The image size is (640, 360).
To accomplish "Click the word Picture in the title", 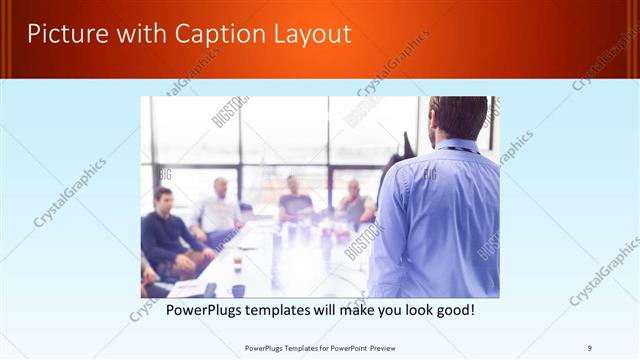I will click(65, 33).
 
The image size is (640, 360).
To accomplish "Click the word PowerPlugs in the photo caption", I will click(207, 310).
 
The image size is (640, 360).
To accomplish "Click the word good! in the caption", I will click(453, 310).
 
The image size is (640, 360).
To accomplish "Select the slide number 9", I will click(589, 347).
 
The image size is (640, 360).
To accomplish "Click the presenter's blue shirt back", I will click(440, 220).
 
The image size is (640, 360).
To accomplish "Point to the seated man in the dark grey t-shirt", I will click(295, 200).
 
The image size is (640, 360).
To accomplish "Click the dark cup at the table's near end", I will click(238, 290).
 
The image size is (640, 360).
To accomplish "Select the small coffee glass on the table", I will click(237, 262).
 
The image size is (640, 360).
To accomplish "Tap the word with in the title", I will click(132, 33).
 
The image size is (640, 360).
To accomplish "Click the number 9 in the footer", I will click(589, 347).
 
